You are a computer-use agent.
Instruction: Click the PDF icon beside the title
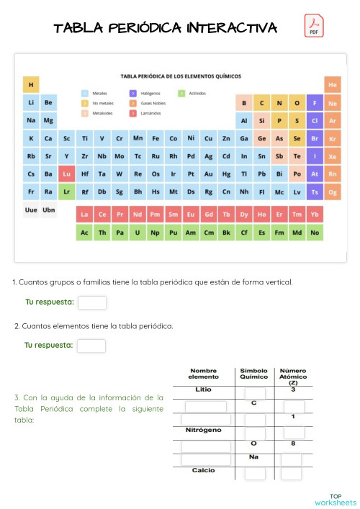point(314,26)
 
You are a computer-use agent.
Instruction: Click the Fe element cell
point(156,138)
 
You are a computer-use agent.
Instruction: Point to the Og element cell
point(332,192)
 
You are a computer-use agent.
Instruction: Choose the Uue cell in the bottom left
point(31,210)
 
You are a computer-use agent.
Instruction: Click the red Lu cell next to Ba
point(66,174)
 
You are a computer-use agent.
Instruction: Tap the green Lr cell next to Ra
point(66,192)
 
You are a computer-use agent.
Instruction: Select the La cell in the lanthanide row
point(84,214)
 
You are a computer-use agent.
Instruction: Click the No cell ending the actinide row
point(315,233)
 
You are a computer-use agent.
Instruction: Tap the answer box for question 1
point(91,302)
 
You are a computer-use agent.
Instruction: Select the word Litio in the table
point(203,389)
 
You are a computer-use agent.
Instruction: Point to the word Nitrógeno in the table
point(203,430)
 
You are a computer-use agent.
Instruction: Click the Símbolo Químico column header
point(253,373)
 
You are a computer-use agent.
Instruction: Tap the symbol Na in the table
point(253,456)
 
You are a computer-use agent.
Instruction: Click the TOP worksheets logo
point(336,499)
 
